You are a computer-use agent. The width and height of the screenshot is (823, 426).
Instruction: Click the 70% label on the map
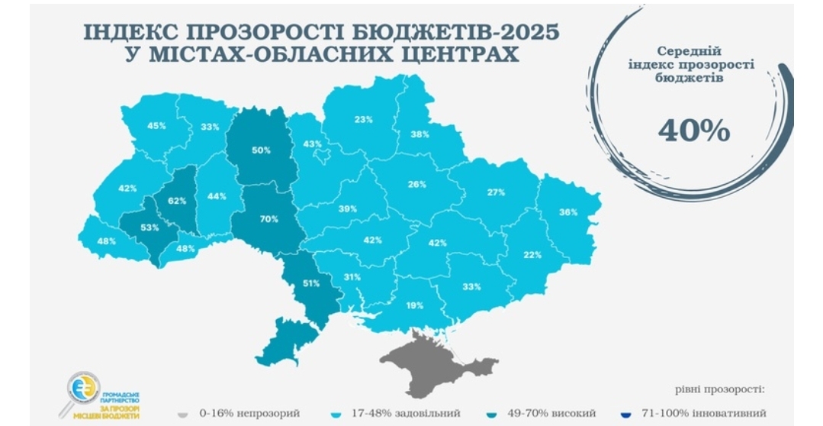coord(268,219)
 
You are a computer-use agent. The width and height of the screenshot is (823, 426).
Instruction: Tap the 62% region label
coord(177,202)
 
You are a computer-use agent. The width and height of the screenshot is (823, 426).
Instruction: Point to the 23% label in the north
coord(363,119)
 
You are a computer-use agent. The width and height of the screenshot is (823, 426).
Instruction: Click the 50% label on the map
coord(262,150)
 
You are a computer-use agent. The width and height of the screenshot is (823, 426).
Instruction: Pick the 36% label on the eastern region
coord(567,212)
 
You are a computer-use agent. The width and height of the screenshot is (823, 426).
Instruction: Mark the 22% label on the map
coord(532,255)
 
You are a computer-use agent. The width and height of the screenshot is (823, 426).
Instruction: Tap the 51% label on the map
coord(311,283)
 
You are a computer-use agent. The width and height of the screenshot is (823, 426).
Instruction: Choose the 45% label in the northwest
coord(156,126)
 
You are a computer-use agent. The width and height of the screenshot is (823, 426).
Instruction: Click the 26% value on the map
coord(416,184)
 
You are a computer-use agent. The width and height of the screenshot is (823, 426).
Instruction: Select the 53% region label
coord(149,228)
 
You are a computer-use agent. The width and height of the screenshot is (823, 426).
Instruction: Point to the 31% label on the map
coord(352,277)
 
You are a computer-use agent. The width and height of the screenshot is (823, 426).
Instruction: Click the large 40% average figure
coord(693,131)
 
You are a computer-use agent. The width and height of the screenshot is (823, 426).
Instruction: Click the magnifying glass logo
coord(82,390)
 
